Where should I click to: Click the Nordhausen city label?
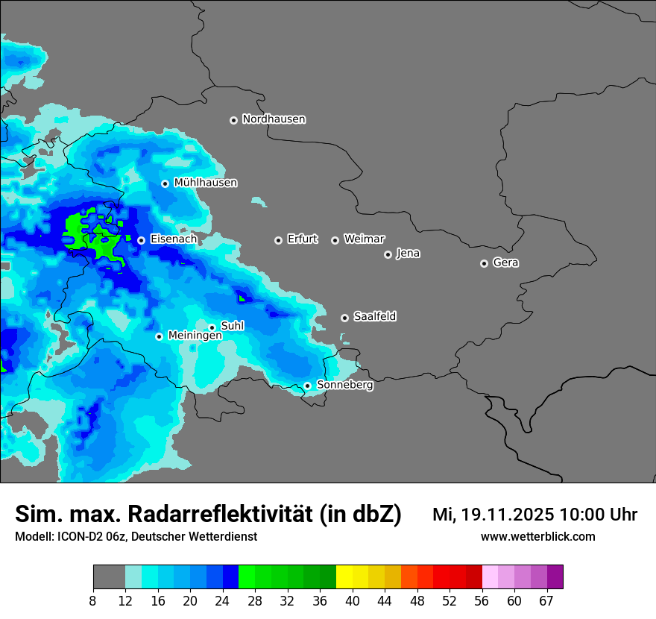(x=274, y=119)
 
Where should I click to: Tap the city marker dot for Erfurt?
(x=278, y=240)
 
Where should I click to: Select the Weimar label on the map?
(x=364, y=239)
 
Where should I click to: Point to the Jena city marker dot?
(x=388, y=254)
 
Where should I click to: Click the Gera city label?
(x=505, y=263)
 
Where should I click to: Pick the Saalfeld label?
(x=374, y=317)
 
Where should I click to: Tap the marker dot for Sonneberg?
(x=307, y=386)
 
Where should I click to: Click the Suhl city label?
(x=233, y=326)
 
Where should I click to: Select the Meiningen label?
(x=195, y=336)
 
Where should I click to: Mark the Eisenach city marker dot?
(x=141, y=240)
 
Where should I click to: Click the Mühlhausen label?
(x=205, y=183)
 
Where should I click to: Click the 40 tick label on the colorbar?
(x=352, y=600)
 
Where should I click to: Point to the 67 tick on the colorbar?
(x=546, y=600)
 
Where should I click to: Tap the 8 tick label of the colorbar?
(x=93, y=600)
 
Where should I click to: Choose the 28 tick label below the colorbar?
(x=254, y=600)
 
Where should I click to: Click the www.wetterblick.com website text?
(x=538, y=536)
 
